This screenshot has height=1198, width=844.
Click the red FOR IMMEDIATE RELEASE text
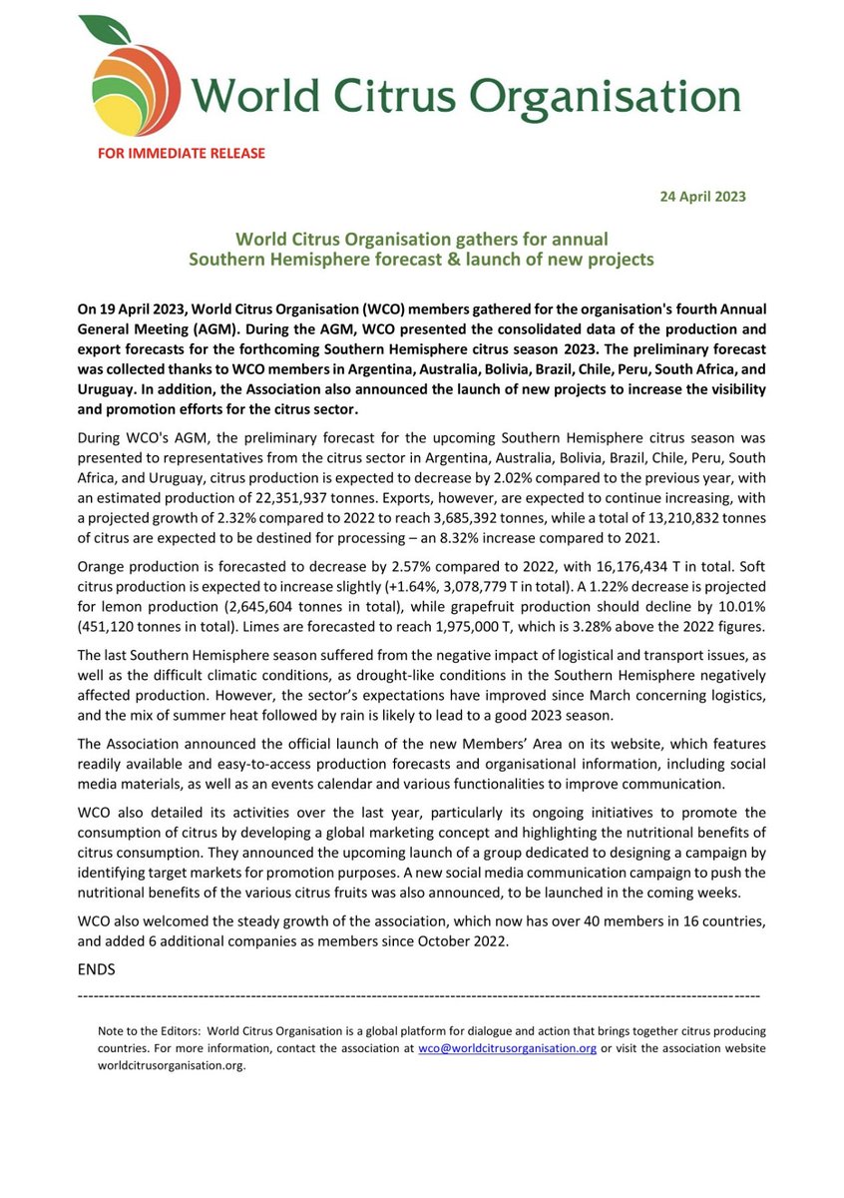coord(181,153)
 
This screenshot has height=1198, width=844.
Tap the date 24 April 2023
coord(703,196)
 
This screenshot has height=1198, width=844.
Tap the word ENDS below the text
coord(97,969)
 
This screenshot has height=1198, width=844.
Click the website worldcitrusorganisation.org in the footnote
coord(171,1065)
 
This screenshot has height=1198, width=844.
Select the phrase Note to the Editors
coord(151,1030)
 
